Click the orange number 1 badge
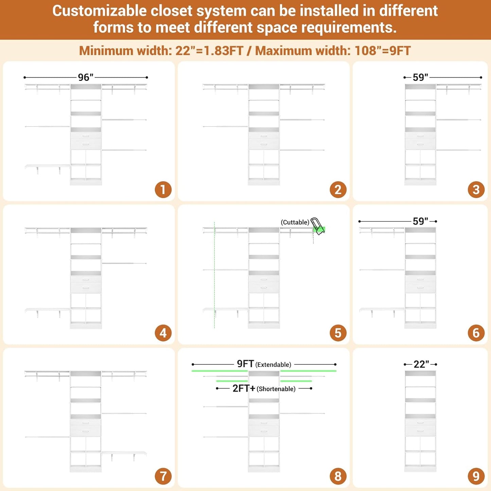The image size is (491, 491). click(x=163, y=190)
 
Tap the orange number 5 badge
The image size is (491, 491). click(x=338, y=333)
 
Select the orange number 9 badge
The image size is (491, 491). click(x=476, y=476)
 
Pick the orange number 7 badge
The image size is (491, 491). click(x=163, y=476)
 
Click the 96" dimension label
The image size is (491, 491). click(x=86, y=77)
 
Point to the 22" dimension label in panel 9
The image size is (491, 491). click(x=421, y=364)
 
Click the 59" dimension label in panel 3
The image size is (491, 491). click(x=420, y=77)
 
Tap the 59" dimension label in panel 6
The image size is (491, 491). click(x=420, y=221)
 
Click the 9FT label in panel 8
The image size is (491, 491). click(x=245, y=364)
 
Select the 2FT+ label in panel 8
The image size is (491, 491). click(x=244, y=388)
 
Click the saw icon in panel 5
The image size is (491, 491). click(x=317, y=226)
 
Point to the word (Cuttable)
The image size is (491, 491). click(x=295, y=222)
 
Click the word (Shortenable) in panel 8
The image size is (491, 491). click(x=276, y=389)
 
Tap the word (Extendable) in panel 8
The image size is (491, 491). click(x=273, y=365)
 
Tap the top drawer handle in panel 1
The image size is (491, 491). click(x=86, y=136)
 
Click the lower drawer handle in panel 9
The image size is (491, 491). click(x=420, y=431)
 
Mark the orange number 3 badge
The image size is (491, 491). click(x=476, y=190)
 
